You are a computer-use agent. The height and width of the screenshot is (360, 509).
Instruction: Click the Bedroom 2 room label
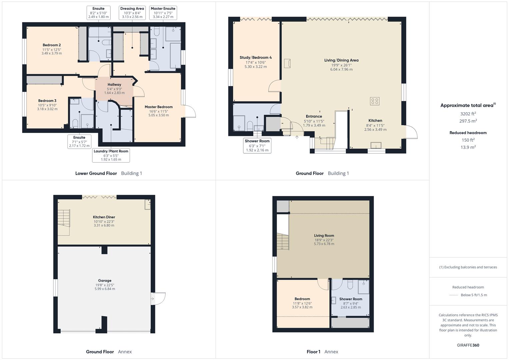click(52, 45)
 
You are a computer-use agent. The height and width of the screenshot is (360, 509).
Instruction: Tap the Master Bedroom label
click(159, 107)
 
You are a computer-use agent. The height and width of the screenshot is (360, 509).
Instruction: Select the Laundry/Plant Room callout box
click(111, 155)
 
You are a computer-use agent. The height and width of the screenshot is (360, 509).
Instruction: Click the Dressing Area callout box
click(132, 13)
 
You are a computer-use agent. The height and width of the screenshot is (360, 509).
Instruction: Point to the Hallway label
click(114, 85)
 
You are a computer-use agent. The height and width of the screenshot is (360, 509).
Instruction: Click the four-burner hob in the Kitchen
click(375, 101)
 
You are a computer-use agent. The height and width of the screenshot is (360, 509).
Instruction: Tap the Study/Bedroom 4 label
click(256, 58)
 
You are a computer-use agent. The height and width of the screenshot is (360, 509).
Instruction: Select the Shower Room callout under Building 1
click(257, 146)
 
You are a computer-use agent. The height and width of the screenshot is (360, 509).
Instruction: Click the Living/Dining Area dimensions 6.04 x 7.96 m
click(341, 70)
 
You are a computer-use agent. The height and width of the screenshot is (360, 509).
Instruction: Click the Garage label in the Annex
click(105, 281)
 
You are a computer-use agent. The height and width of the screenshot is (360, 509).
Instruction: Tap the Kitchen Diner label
click(104, 217)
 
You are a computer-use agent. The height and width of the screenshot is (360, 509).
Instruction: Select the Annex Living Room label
click(324, 236)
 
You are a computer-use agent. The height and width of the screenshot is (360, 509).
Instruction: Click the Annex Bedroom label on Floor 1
click(302, 299)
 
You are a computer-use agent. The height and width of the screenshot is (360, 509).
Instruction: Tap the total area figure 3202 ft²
click(468, 114)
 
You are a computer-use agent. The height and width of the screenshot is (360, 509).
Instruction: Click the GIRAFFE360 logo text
click(468, 345)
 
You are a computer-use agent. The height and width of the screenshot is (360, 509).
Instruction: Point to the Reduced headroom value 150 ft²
click(468, 140)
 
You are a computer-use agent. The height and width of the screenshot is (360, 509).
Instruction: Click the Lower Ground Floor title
click(96, 173)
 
